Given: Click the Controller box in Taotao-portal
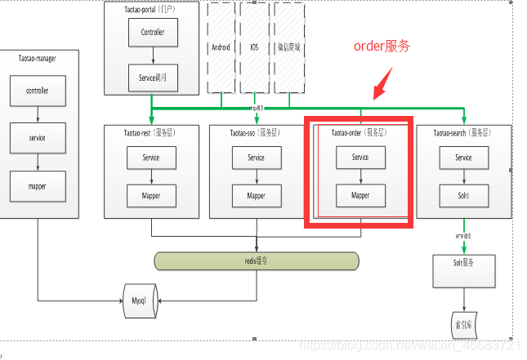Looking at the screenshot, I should tap(153, 33).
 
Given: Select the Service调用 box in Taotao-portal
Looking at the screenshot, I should tap(153, 78).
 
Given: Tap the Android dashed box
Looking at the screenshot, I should tap(221, 47).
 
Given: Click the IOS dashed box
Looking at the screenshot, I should tap(254, 47).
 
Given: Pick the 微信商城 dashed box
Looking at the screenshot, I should tap(288, 47).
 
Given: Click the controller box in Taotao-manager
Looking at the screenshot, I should tap(37, 91).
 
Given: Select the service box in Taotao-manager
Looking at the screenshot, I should tap(37, 138).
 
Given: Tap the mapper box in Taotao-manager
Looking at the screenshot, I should tap(37, 186).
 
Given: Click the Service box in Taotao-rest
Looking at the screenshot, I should tap(151, 158).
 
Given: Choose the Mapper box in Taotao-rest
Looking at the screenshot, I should tap(151, 196).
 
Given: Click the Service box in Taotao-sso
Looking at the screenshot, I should tap(257, 158).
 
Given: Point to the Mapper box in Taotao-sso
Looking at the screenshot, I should tap(257, 196).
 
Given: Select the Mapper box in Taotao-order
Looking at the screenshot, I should tap(360, 196).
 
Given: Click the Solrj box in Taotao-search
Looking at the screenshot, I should tap(463, 196).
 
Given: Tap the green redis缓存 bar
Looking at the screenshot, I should tap(257, 261).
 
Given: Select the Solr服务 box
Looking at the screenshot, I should tap(463, 266).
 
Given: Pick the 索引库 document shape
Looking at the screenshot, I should tap(463, 323).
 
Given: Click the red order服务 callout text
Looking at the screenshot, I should tap(381, 47).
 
